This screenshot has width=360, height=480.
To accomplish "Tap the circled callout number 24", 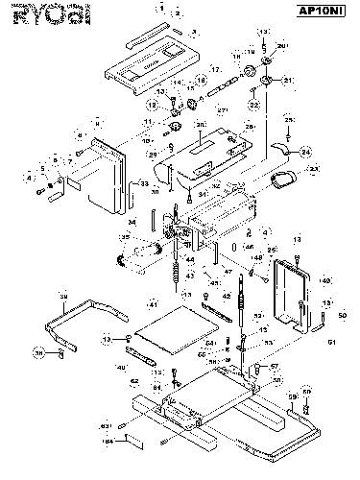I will (x=306, y=152).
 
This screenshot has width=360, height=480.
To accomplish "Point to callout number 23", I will (x=313, y=169).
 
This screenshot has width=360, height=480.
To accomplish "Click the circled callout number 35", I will (x=125, y=238).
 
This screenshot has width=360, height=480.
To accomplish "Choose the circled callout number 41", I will (x=152, y=304).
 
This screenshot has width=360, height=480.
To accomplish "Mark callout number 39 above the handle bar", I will (x=63, y=296).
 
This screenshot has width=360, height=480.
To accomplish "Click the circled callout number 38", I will (x=39, y=353).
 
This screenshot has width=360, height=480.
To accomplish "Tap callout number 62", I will (x=135, y=381).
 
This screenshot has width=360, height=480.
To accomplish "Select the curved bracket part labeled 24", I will (x=282, y=146).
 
